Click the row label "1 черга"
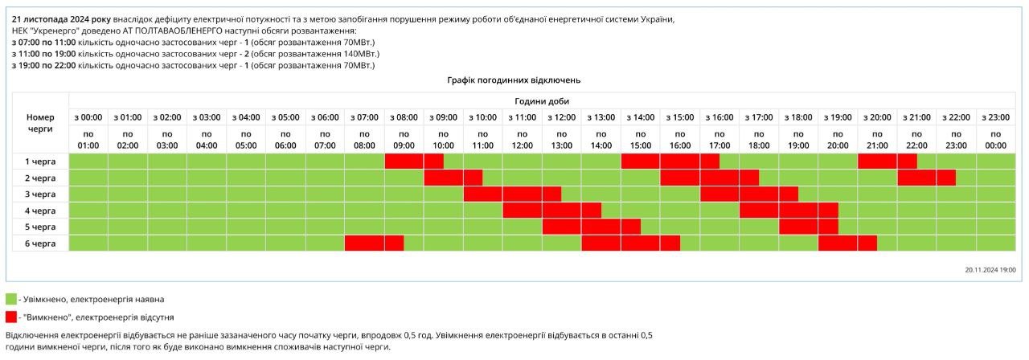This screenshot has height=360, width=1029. [40, 161]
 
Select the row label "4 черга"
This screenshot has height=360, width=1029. [40, 211]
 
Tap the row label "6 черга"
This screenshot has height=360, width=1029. [40, 243]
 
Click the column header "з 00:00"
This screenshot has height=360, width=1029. [88, 117]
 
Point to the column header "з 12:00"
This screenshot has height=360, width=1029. [562, 117]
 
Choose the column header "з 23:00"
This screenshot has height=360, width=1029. [995, 117]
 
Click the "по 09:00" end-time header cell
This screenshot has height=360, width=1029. [404, 139]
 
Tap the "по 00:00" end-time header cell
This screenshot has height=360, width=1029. [995, 139]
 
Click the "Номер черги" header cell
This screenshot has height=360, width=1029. [40, 122]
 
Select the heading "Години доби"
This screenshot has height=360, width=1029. [541, 100]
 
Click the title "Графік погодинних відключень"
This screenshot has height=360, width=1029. [514, 80]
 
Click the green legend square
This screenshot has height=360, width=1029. [11, 299]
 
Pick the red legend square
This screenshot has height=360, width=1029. [11, 317]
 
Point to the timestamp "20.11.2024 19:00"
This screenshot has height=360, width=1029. [990, 270]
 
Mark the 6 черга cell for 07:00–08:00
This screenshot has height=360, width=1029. [364, 243]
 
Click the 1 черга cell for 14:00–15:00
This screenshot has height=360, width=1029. [641, 161]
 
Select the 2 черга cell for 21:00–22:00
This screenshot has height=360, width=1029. [916, 178]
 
